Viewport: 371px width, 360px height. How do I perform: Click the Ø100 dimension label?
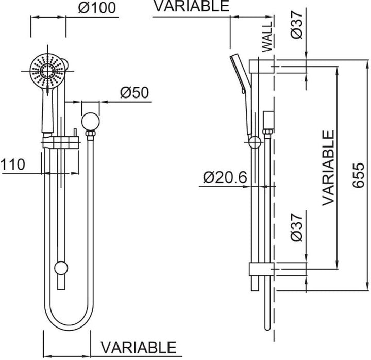[x=97, y=8]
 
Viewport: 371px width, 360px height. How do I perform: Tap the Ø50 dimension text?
[x=134, y=93]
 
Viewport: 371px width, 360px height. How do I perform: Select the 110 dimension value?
[x=13, y=165]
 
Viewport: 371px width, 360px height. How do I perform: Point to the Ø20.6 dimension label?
[x=225, y=177]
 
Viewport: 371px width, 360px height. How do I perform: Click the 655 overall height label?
[x=358, y=175]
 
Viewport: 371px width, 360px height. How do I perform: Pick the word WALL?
[x=267, y=37]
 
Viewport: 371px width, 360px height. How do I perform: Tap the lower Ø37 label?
[x=297, y=227]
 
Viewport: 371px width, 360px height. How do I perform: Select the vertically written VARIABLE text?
[x=328, y=168]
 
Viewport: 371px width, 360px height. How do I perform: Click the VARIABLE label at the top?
[x=192, y=6]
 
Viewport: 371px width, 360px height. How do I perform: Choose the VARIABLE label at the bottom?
[x=139, y=348]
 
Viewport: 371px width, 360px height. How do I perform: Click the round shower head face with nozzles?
[x=47, y=71]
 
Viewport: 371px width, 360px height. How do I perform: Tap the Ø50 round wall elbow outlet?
[x=90, y=122]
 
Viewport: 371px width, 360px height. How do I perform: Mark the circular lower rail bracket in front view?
[x=61, y=268]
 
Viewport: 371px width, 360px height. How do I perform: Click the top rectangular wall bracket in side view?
[x=262, y=67]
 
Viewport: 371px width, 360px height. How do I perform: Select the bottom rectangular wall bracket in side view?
[x=262, y=269]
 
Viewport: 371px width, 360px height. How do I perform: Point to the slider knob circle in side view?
[x=255, y=142]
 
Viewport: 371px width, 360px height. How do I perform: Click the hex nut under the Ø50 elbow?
[x=90, y=134]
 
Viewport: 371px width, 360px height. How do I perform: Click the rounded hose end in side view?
[x=267, y=328]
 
